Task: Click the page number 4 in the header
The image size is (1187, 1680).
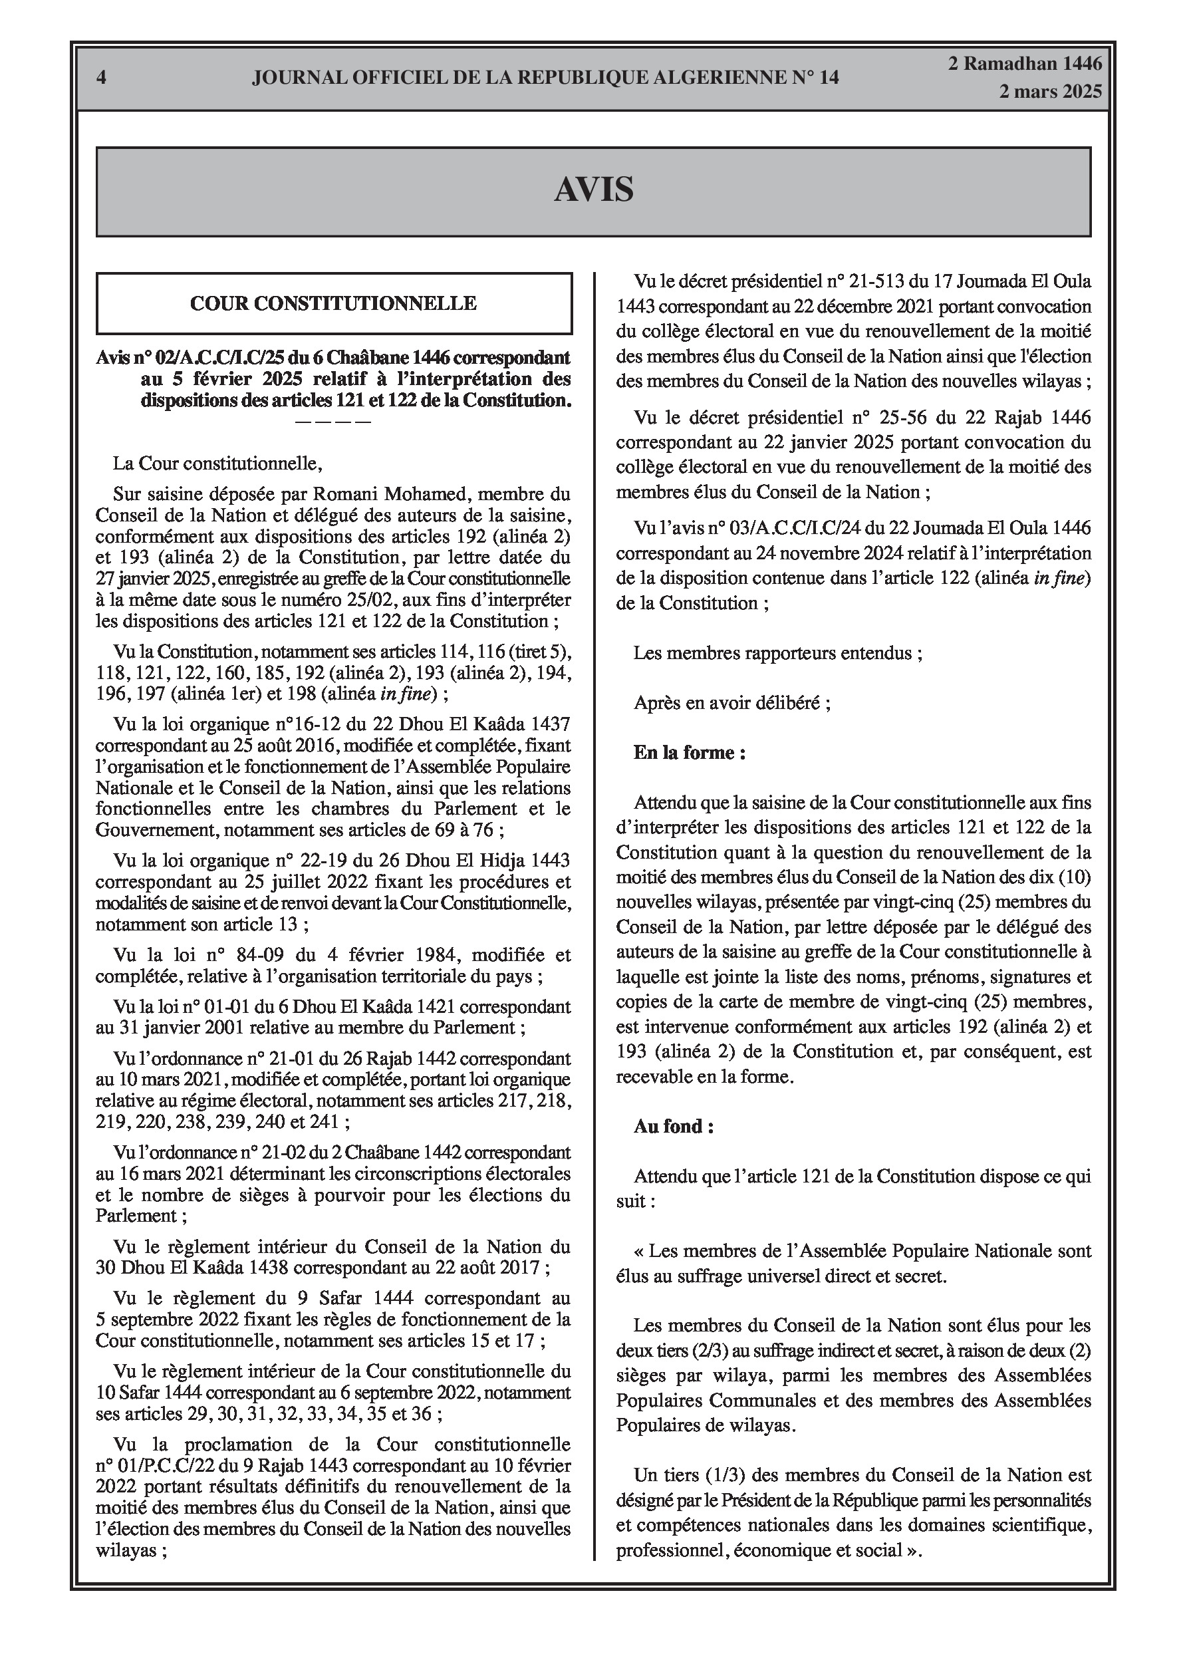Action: (x=102, y=78)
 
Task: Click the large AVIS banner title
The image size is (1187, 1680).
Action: (x=593, y=190)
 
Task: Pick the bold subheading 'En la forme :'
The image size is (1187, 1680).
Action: (x=690, y=752)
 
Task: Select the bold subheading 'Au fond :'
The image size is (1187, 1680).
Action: (x=673, y=1126)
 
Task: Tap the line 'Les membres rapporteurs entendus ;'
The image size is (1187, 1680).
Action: (x=777, y=652)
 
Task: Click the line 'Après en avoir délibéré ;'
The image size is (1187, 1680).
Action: (x=731, y=702)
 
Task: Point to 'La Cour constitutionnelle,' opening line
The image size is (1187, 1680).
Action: (x=217, y=463)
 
